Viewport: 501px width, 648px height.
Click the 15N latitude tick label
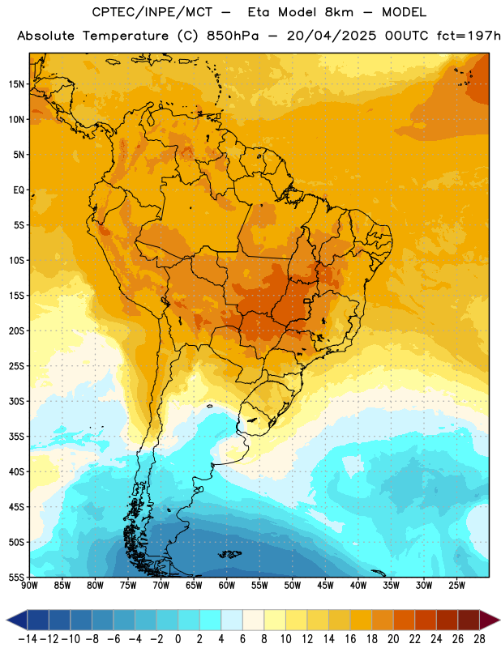pos(16,84)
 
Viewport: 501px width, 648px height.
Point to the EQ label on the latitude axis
pos(19,190)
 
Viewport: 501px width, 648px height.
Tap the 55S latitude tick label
pos(16,577)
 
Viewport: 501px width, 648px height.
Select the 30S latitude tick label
pos(16,401)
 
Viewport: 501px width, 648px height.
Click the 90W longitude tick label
pos(29,585)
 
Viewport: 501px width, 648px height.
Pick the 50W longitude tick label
pos(293,585)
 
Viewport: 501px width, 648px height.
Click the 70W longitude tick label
pos(161,585)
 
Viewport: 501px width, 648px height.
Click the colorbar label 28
pos(479,639)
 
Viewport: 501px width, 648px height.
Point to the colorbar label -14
pos(28,639)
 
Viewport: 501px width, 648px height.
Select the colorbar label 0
pos(178,639)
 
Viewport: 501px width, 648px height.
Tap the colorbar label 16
pos(350,639)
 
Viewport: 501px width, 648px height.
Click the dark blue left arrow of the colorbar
pos(17,620)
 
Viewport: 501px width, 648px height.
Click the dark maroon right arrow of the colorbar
pos(490,620)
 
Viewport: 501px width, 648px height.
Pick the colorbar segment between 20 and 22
pos(405,620)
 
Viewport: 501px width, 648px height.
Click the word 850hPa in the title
pos(232,36)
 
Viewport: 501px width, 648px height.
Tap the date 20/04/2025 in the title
pos(332,36)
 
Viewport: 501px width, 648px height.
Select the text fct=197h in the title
pos(469,36)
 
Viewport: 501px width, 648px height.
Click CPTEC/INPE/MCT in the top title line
pos(152,12)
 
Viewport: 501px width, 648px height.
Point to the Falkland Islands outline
pos(229,554)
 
